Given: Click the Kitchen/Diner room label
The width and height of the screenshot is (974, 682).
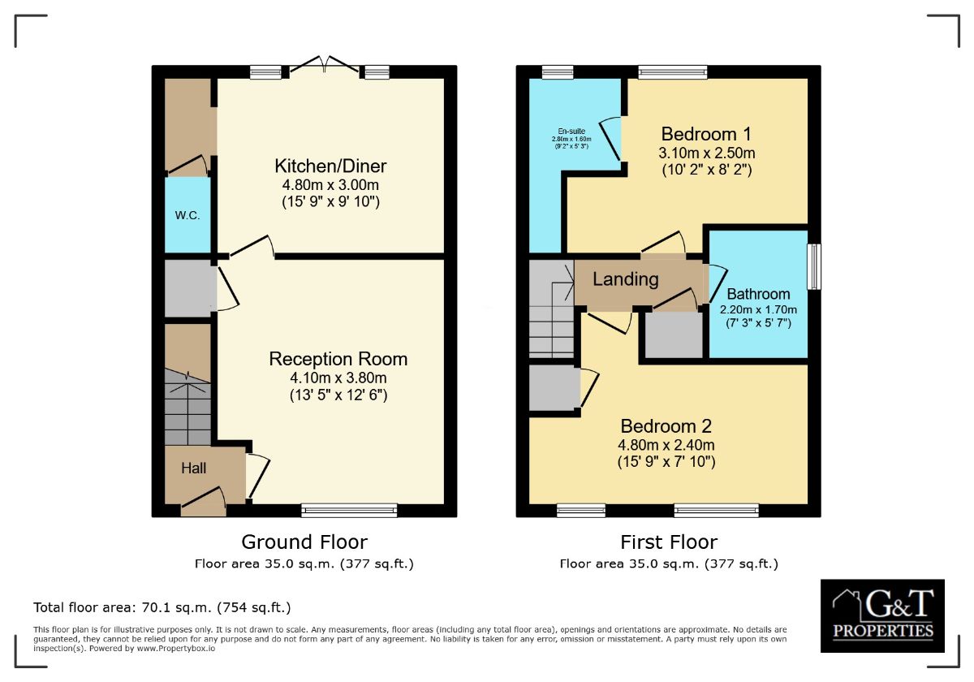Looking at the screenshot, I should [x=330, y=166].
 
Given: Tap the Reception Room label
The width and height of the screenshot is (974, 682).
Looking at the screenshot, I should [x=338, y=359].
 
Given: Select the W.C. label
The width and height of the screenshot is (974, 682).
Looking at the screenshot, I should [x=187, y=216].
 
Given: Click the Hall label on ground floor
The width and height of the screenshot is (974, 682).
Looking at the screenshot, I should [x=193, y=468].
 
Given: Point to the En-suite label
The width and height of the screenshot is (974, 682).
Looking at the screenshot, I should [x=571, y=131].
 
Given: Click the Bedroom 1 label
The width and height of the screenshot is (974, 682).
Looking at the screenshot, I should [x=706, y=134].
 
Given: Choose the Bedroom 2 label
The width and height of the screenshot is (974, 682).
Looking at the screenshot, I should [x=666, y=426].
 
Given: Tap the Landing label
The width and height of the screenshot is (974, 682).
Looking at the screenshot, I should [x=625, y=279].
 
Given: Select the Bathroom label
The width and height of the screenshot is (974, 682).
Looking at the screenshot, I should [x=758, y=294].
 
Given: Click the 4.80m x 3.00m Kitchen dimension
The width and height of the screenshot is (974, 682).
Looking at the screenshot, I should [x=330, y=184].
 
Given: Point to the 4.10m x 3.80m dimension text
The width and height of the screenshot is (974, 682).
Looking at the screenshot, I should [x=338, y=378].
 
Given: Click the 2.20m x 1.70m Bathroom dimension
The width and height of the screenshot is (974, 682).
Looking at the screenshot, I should [x=758, y=309].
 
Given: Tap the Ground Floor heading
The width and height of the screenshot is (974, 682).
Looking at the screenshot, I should [x=304, y=542].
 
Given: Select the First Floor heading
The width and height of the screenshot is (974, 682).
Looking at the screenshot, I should [x=669, y=542].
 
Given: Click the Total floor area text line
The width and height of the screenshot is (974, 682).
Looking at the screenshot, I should [x=162, y=607].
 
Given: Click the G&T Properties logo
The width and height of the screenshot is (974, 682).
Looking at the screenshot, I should [x=882, y=615].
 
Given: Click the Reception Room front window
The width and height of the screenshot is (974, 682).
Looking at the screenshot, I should [x=349, y=511].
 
